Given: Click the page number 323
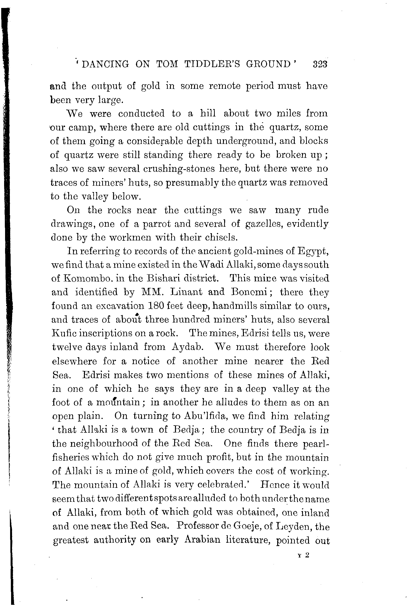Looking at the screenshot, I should click(320, 64).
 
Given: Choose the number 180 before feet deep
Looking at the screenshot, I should click(156, 306).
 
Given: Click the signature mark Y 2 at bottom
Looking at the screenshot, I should click(304, 555).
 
